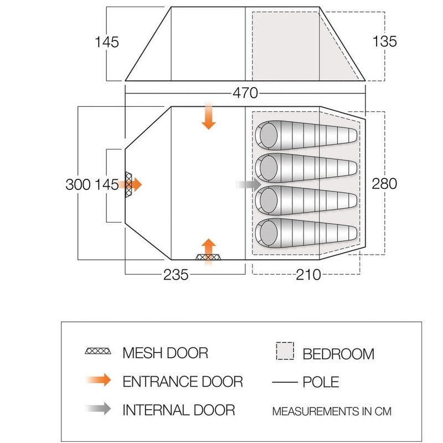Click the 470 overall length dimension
pos(245,92)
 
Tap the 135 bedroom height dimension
pos(385,42)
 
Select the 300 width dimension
pos(78,184)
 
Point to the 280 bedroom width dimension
pos(385,183)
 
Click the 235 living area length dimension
pos(176,275)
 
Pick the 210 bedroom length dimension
pos(308,275)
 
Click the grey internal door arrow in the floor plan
pos(249,184)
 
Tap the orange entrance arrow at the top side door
pos(208,116)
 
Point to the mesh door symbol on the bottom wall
pos(208,257)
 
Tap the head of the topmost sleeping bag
pos(269,136)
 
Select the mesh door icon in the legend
pos(100,352)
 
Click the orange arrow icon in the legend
pos(100,381)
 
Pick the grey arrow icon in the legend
pos(100,410)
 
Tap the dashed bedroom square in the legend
pos(284,352)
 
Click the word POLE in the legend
pos(321,382)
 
